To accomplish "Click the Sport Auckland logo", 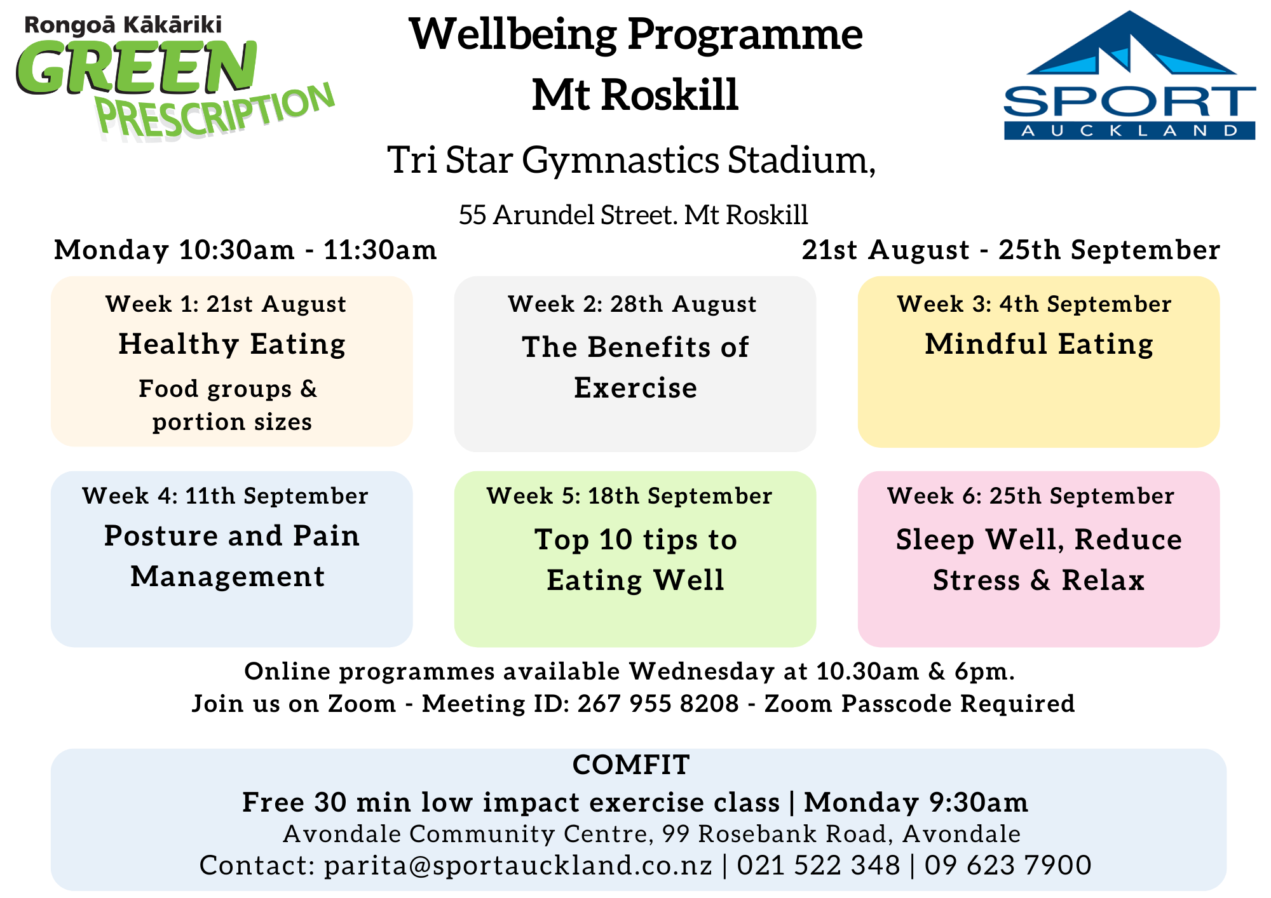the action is point(1129,75).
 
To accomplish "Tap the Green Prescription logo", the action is point(175,76).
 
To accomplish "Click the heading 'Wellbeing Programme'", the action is point(635,35).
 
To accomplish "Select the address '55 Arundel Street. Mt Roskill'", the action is point(634,215).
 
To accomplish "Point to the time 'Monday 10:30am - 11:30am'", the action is point(246,250).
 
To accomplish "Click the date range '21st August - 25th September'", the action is point(1011,250).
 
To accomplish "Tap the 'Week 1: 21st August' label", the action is point(226,304).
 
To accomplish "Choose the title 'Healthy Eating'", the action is point(232,345).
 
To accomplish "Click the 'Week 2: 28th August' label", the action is point(632,304).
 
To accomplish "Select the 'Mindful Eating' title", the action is point(1039,345).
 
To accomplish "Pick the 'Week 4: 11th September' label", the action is point(226,496).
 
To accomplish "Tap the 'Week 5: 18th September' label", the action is point(630,496).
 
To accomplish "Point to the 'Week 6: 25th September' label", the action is point(1031,496).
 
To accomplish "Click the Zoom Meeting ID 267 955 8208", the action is point(658,704).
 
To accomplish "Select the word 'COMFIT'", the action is point(631,765).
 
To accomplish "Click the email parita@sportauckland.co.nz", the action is point(519,866).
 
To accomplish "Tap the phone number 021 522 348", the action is point(819,866).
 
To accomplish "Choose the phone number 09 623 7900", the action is point(1008,866).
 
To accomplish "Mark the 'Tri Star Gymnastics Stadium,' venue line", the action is point(632,160).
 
